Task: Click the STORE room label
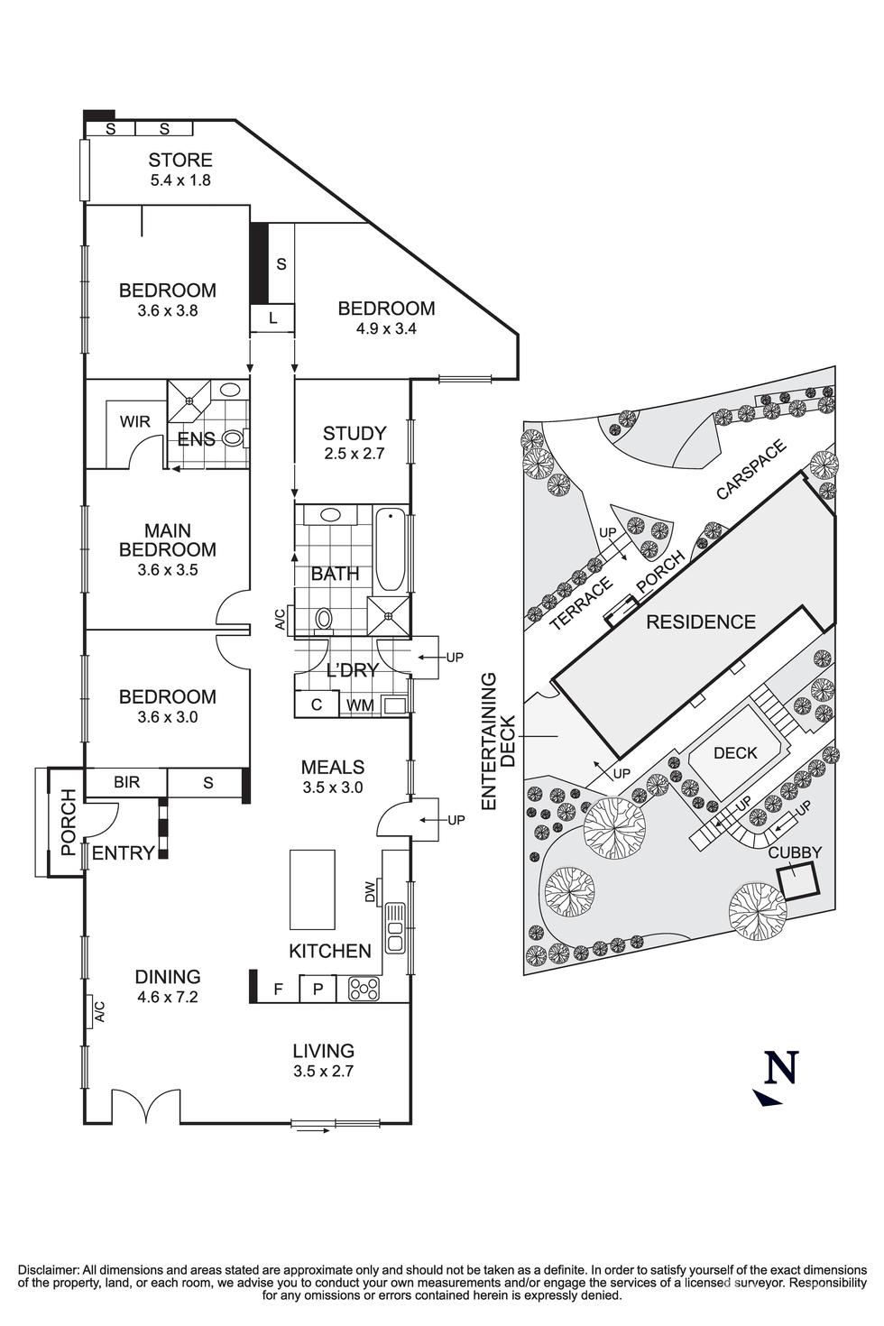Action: click(180, 161)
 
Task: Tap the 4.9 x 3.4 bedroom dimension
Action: click(386, 328)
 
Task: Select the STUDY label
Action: click(355, 433)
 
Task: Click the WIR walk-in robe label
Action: click(135, 421)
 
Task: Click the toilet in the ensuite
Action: click(234, 438)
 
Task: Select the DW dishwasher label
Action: click(370, 893)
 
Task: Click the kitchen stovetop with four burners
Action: click(364, 989)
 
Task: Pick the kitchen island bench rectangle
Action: click(312, 889)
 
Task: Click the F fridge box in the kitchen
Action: click(279, 989)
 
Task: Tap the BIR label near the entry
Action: click(126, 782)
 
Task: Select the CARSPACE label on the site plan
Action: click(751, 469)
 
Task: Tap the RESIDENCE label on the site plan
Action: click(700, 622)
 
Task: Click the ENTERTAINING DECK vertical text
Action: click(498, 740)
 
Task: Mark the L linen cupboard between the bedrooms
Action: click(272, 318)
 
